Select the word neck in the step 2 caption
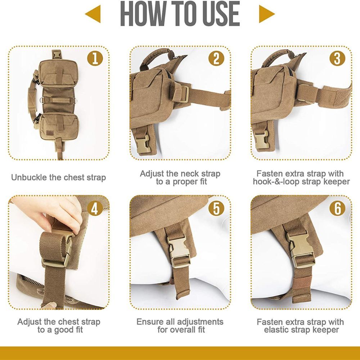[188, 174]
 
